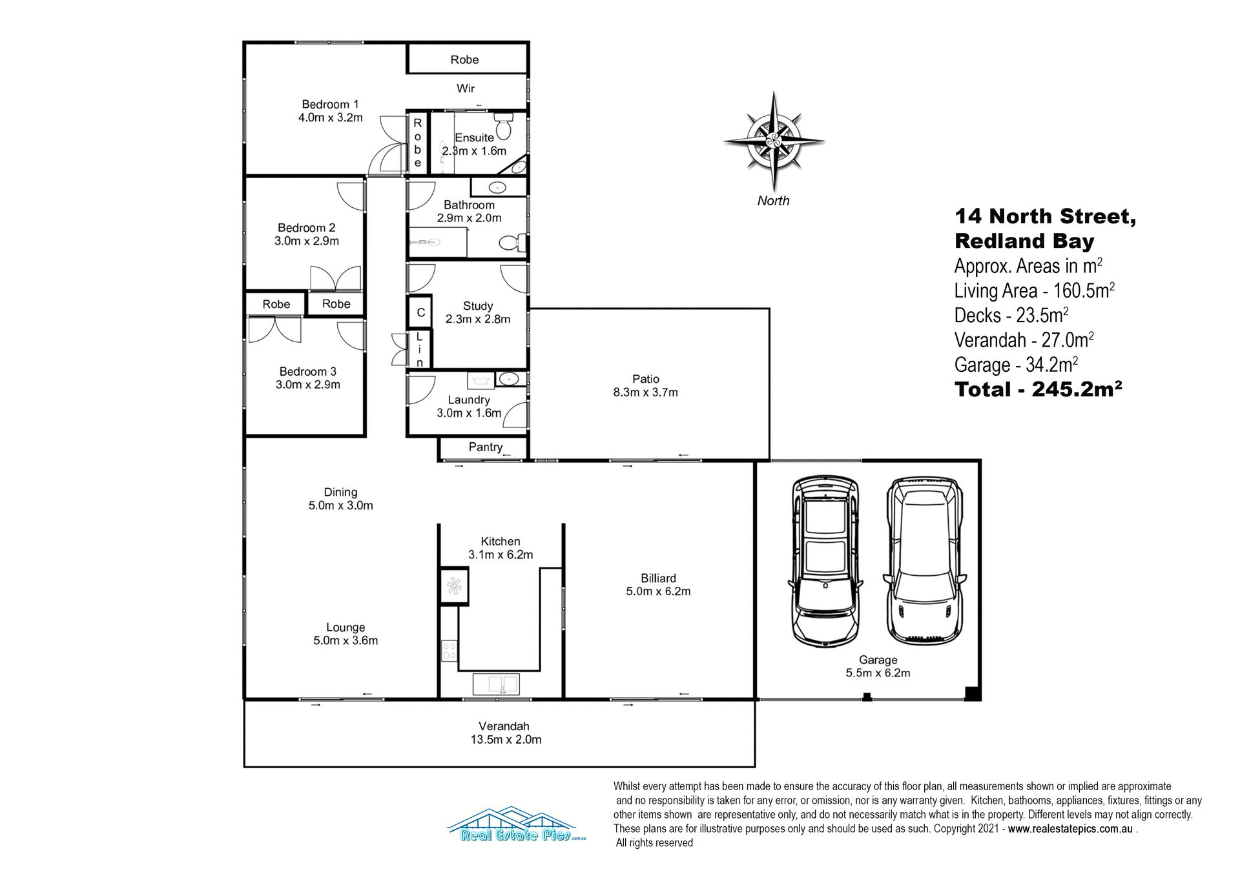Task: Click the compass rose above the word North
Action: tap(774, 140)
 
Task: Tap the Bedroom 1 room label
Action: tap(330, 105)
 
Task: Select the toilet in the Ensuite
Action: tap(503, 126)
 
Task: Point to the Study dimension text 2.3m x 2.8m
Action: tap(478, 320)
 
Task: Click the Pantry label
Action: tap(485, 447)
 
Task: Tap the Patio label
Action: tap(646, 379)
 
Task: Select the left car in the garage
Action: tap(825, 562)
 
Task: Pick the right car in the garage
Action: tap(925, 562)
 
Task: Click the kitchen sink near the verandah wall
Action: tap(496, 684)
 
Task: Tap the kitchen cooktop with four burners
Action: tap(449, 651)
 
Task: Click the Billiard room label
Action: tap(658, 578)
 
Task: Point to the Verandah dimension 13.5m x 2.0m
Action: tap(506, 740)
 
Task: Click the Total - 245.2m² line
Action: tap(1038, 390)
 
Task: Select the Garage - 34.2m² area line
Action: tap(1016, 365)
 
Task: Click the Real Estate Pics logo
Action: tap(515, 826)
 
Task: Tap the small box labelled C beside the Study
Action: tap(420, 313)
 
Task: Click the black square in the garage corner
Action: tap(973, 694)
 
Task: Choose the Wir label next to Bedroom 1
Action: tap(466, 88)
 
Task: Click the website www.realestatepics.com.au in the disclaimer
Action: tap(1069, 829)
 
